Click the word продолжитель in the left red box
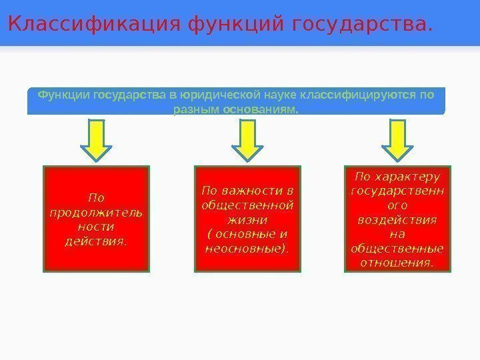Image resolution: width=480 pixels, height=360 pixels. [96, 212]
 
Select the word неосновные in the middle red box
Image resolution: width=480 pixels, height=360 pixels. [246, 248]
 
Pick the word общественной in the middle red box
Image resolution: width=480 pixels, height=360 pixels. [247, 205]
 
